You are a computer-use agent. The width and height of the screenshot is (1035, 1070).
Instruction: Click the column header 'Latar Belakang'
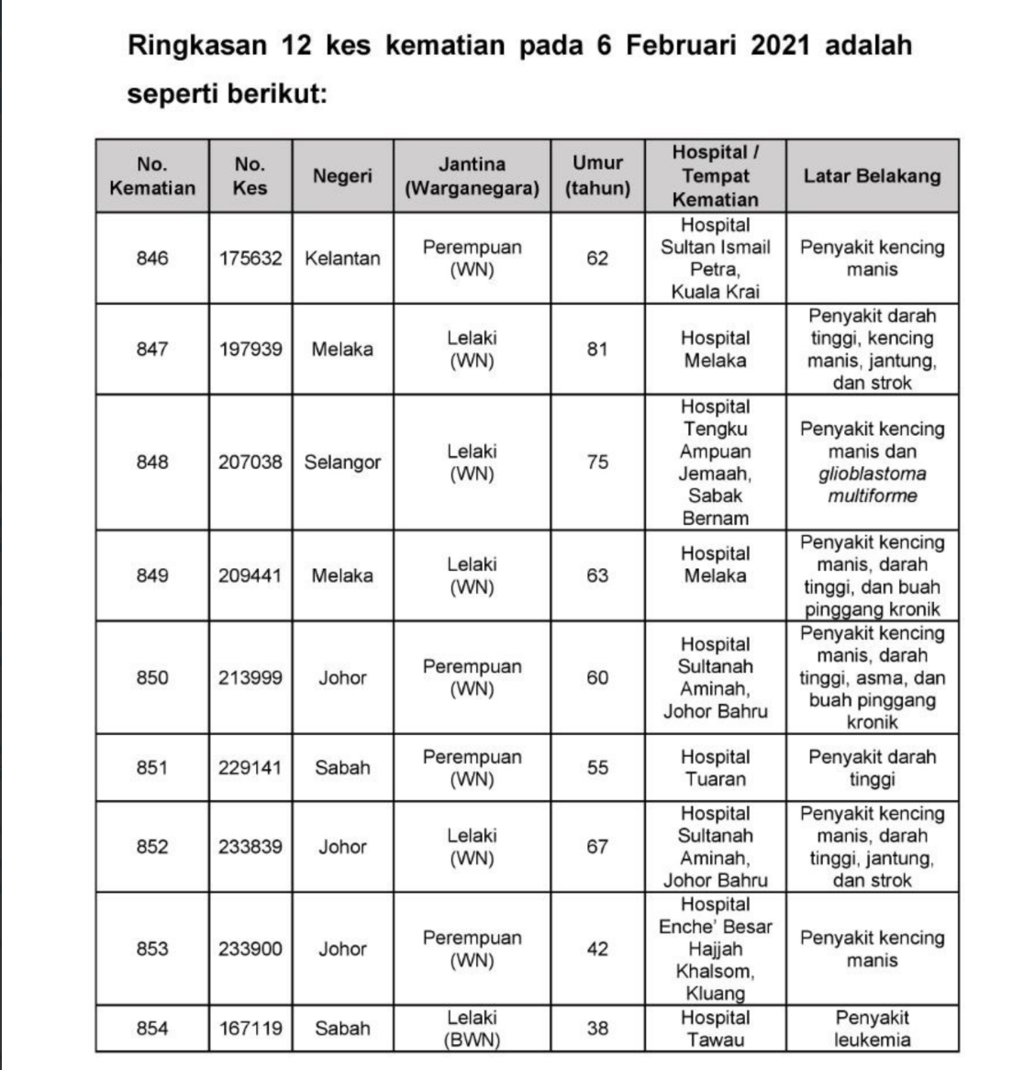click(872, 176)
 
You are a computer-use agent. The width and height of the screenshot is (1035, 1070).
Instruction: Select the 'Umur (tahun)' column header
click(597, 176)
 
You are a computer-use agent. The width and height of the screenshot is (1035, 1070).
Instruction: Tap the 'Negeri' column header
click(342, 176)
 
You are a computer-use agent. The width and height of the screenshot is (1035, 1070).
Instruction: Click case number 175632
click(250, 259)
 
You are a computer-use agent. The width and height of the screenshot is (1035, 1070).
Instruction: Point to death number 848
click(152, 462)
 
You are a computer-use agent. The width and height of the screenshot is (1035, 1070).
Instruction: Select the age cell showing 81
click(597, 350)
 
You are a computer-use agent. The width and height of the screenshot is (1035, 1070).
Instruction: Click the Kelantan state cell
click(342, 259)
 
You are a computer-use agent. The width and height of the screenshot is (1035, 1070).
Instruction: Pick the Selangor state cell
click(342, 462)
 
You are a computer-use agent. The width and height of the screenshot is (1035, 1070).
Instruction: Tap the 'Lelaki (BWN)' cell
click(472, 1029)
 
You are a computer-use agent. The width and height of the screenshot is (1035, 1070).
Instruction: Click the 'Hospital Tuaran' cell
click(715, 768)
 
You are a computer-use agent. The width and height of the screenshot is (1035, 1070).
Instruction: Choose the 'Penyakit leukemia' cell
click(872, 1029)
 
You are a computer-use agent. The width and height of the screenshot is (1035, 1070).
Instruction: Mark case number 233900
click(250, 949)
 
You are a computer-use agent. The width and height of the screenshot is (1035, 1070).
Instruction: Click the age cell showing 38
click(597, 1029)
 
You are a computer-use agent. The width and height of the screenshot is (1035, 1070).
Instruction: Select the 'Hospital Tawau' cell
click(715, 1029)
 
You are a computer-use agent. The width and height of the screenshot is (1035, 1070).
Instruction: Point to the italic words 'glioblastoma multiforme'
click(872, 485)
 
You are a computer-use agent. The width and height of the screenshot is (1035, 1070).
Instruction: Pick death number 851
click(152, 768)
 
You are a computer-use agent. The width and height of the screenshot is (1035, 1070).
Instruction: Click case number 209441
click(250, 576)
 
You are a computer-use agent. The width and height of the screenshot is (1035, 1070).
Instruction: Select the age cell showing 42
click(597, 949)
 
